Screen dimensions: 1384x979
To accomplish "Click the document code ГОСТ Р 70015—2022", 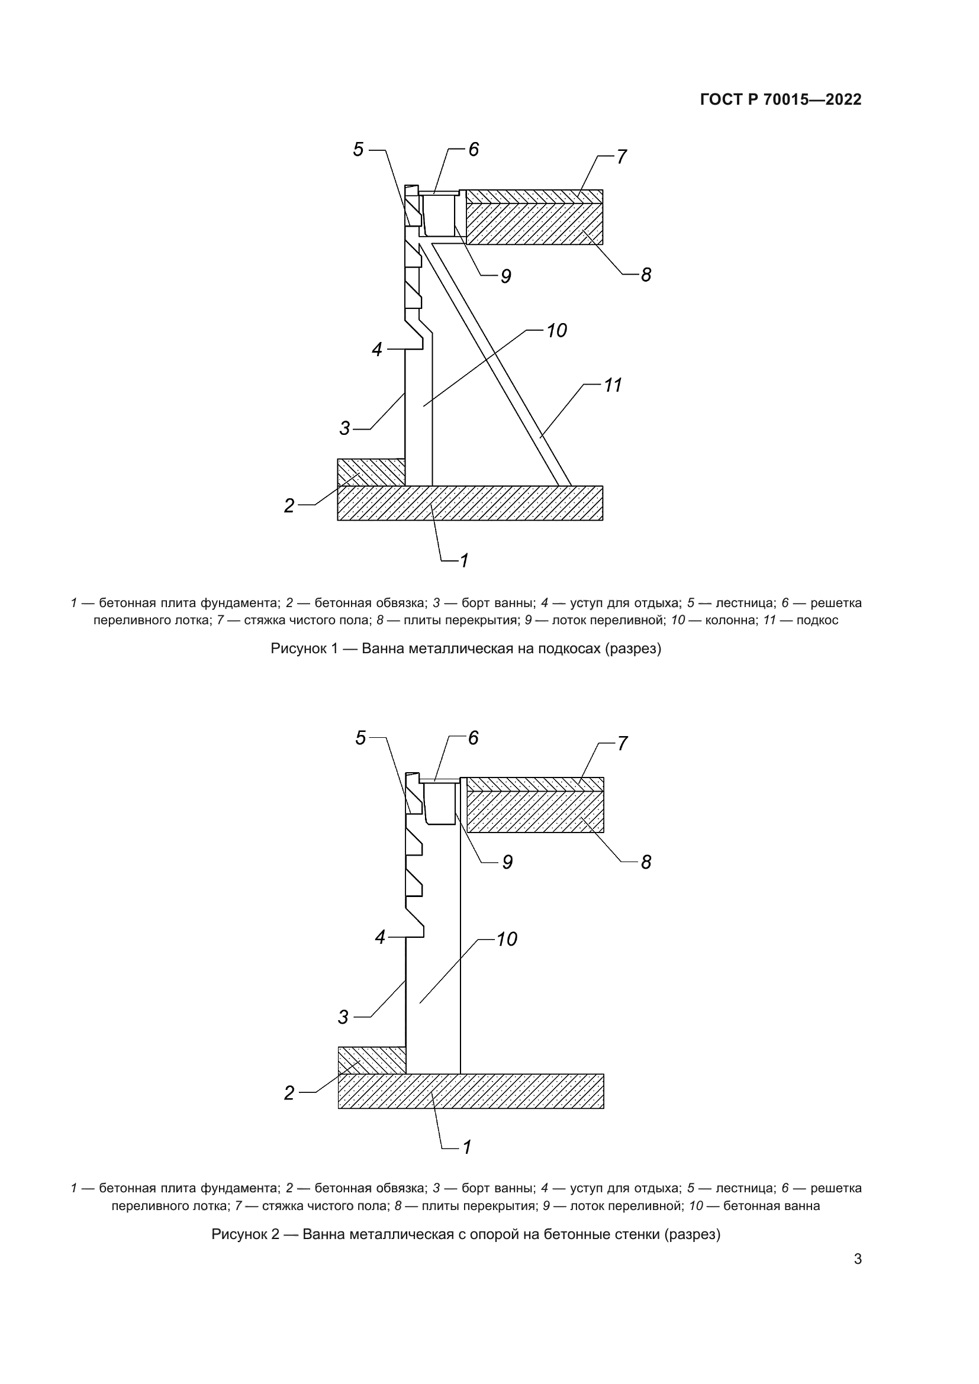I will [x=781, y=99].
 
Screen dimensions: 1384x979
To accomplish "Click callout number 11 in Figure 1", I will [x=613, y=385].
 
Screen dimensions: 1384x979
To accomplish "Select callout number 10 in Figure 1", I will [x=556, y=330].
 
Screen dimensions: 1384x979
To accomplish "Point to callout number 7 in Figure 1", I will [x=621, y=157].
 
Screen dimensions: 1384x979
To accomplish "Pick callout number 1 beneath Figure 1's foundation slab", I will [x=464, y=560].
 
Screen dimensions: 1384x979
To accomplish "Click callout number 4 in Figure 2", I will [x=380, y=937].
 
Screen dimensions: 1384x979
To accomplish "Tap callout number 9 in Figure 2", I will [x=507, y=863].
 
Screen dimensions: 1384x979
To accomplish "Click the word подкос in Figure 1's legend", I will [x=817, y=620].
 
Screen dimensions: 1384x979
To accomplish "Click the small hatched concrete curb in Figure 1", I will [x=370, y=472].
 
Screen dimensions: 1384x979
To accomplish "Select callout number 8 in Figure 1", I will [x=646, y=275].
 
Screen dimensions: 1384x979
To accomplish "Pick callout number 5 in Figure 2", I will [x=360, y=738].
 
